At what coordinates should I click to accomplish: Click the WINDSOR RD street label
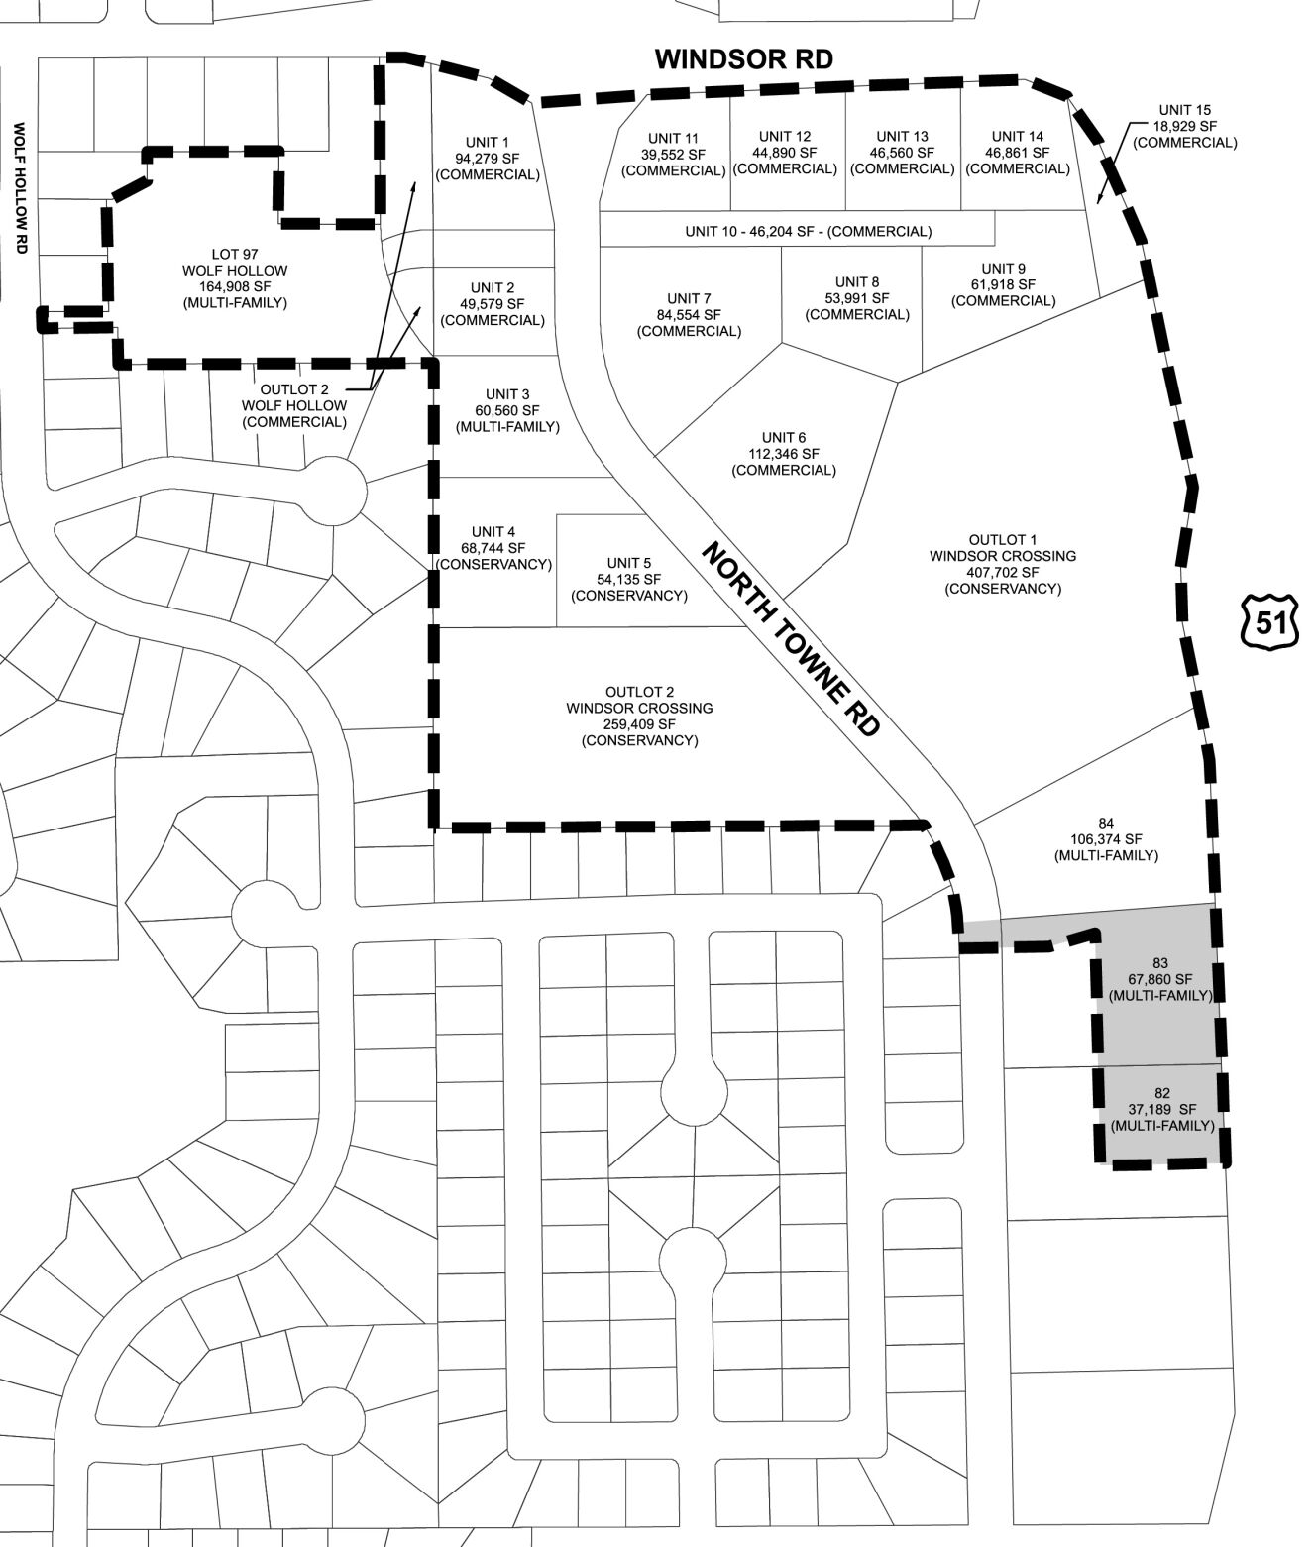pos(744,59)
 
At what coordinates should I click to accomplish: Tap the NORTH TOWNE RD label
pos(791,639)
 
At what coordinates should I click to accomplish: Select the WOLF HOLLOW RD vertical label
pos(19,187)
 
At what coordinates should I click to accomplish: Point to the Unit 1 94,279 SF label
pos(488,159)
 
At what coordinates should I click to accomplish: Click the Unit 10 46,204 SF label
pos(808,232)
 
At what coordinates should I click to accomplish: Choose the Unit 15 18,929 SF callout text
pos(1184,126)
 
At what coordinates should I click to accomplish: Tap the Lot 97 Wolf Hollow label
pos(235,278)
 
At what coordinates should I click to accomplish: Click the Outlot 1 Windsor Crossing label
pos(1002,564)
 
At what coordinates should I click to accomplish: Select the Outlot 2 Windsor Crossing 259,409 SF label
pos(639,717)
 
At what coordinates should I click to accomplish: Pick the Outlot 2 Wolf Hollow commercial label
pos(294,405)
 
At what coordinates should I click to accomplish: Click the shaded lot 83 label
pos(1160,979)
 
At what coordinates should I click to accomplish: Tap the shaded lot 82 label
pos(1161,1110)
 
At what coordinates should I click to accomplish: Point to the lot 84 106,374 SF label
pos(1106,839)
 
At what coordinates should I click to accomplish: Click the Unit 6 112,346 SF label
pos(783,454)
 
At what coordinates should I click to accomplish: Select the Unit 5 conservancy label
pos(628,580)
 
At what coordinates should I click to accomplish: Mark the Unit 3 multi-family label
pos(507,411)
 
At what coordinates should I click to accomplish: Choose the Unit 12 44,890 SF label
pos(784,153)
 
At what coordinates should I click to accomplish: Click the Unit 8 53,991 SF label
pos(856,298)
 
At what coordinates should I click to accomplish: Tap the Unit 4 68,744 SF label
pos(493,548)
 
